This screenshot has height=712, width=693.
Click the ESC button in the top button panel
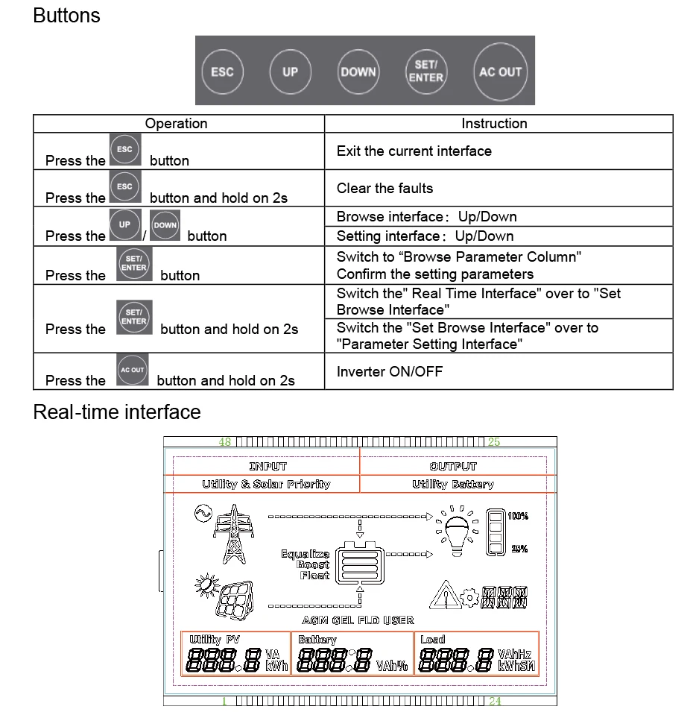(x=222, y=72)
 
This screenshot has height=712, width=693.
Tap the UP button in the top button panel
(x=290, y=72)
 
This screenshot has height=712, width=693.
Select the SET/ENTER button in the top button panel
(x=425, y=72)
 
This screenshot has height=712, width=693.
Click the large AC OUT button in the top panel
(x=500, y=72)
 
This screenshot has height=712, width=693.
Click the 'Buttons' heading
(x=66, y=16)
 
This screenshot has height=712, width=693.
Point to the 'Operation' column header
(x=176, y=124)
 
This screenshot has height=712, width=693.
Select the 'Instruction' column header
(x=494, y=124)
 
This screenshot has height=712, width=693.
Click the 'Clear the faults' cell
(x=385, y=188)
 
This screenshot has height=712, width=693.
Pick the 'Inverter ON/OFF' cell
(x=389, y=371)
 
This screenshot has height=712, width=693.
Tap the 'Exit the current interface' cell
(x=414, y=151)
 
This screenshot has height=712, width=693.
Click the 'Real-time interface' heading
(x=116, y=412)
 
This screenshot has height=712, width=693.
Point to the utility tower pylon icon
(x=235, y=535)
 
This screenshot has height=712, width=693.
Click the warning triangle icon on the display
(x=445, y=595)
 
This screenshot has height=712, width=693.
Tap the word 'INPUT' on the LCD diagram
(x=268, y=467)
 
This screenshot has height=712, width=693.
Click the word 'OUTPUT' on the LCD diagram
(x=452, y=467)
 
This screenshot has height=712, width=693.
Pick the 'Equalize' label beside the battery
(x=305, y=554)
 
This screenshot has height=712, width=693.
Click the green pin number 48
(x=224, y=442)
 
